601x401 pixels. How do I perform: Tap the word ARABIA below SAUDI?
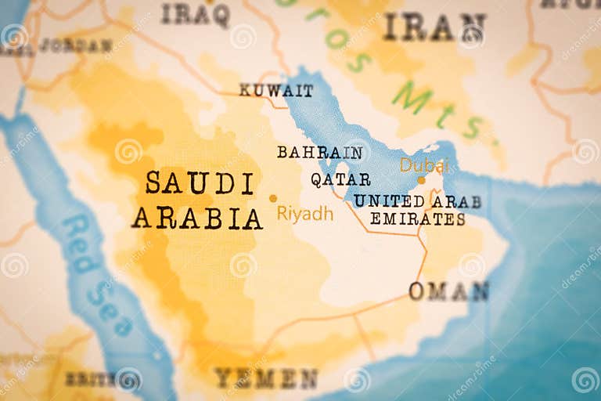196,218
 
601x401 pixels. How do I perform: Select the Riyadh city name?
305,214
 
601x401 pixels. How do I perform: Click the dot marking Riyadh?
273,198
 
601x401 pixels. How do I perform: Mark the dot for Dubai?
421,180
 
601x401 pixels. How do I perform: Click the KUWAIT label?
275,90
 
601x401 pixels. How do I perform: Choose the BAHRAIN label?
319,152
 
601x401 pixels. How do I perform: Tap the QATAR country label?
340,179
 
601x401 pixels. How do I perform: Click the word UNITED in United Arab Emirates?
388,201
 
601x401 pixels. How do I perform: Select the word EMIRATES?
417,219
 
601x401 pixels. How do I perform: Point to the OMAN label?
448,291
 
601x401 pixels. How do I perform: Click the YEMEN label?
266,379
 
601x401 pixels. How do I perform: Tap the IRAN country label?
434,27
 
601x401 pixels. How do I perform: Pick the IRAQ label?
196,13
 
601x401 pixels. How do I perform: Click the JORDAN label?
75,45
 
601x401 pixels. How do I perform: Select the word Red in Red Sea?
79,244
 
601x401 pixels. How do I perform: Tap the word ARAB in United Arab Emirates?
456,201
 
